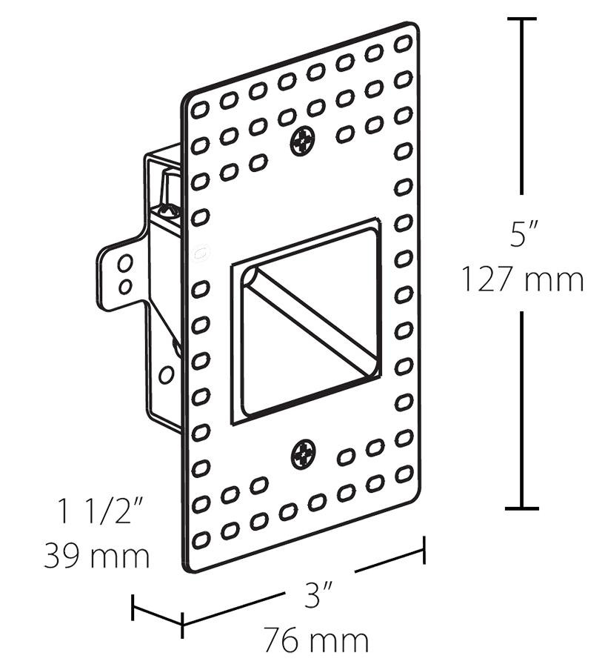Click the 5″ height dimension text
[524, 236]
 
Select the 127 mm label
[523, 280]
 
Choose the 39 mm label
[97, 555]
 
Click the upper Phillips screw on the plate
[302, 140]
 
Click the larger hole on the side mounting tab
[126, 263]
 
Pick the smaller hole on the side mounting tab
[125, 285]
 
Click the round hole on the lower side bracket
[167, 375]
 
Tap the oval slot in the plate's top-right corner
[403, 44]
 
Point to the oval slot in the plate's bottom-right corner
[403, 472]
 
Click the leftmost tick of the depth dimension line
[133, 608]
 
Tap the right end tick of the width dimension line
[424, 549]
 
